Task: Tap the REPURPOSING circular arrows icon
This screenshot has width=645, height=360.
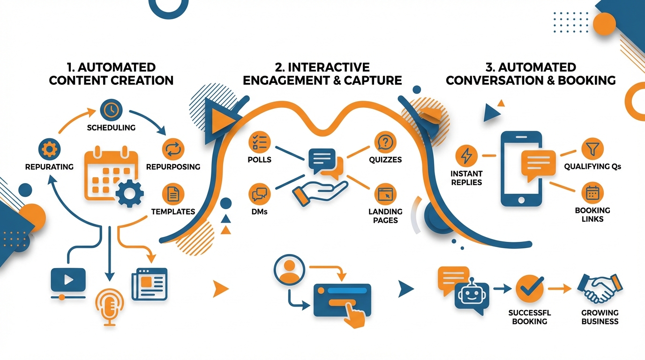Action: coord(173,150)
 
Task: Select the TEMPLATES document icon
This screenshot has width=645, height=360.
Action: coord(173,194)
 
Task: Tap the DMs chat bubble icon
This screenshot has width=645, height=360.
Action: coord(259,194)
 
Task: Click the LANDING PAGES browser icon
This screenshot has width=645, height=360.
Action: coord(385,194)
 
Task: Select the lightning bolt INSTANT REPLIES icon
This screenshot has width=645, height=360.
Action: coord(466,155)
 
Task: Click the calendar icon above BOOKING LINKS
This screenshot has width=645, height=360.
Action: coord(592,193)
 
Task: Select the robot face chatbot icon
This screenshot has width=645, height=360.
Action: coord(472,296)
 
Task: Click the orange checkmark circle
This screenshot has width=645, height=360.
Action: coord(530,289)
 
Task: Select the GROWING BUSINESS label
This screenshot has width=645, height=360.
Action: coord(600,317)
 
